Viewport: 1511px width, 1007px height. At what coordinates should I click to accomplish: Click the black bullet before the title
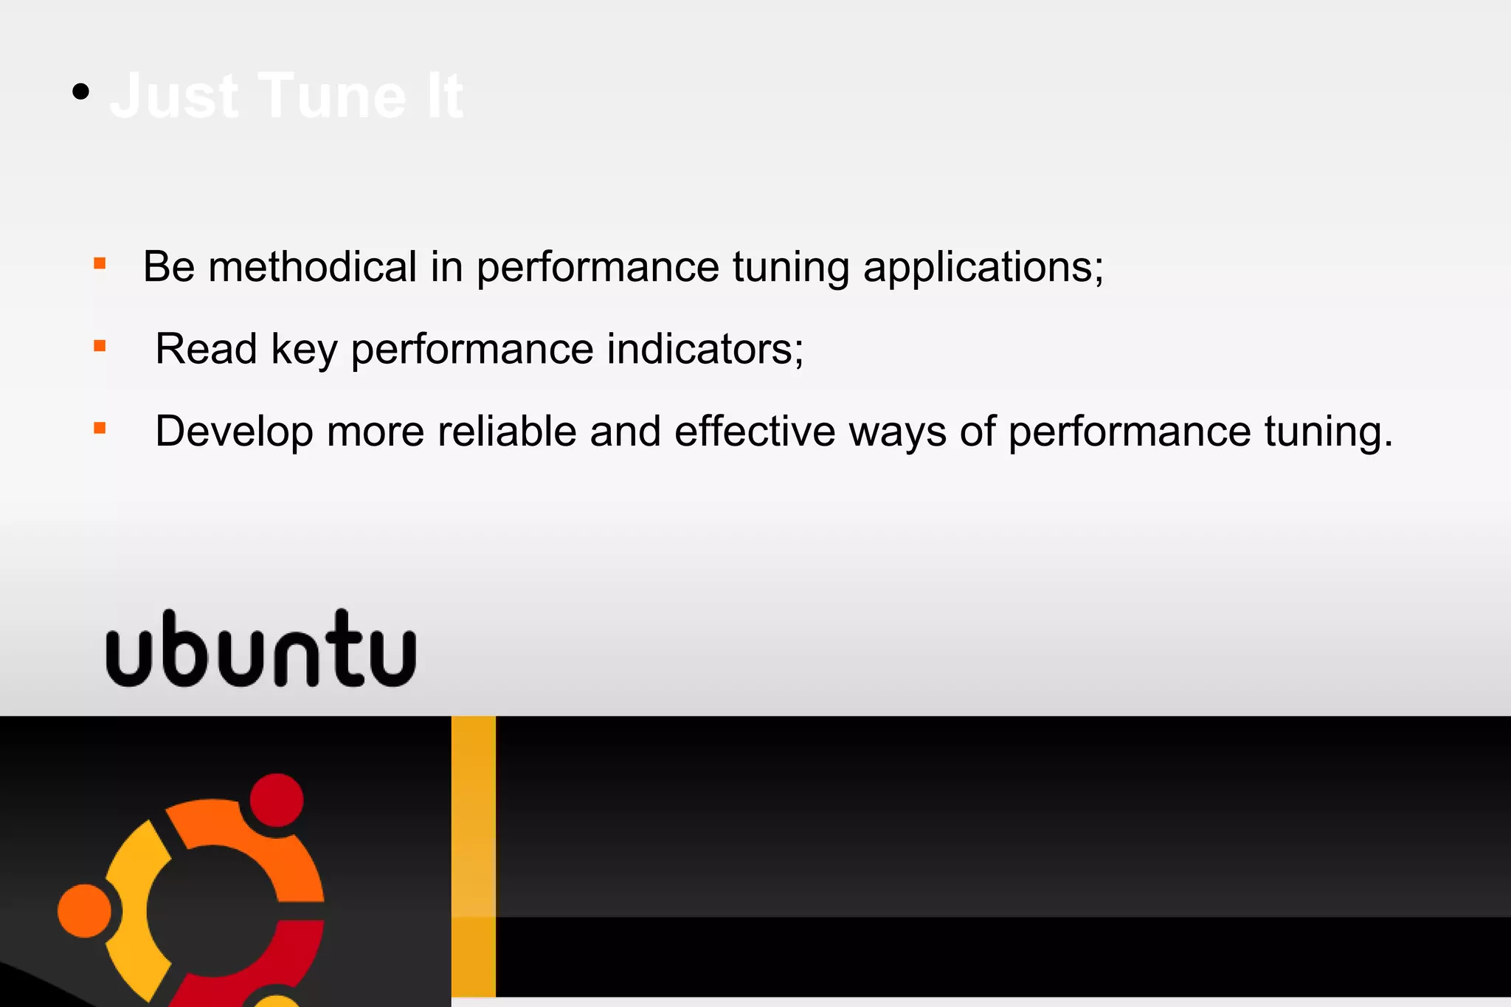(x=81, y=92)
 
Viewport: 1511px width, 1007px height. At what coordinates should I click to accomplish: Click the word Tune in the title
(x=332, y=96)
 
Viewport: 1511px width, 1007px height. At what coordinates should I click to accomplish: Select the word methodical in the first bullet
(x=313, y=266)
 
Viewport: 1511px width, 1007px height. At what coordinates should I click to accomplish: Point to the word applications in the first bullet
(x=983, y=268)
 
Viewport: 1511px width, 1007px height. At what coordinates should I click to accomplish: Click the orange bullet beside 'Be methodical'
(x=100, y=263)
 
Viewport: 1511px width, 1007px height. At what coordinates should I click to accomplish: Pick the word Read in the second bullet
(x=206, y=349)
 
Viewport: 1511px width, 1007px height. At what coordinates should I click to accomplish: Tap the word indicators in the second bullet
(x=705, y=349)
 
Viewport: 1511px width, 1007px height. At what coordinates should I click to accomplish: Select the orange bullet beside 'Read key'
(x=100, y=345)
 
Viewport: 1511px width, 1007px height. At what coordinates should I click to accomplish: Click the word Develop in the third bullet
(x=234, y=432)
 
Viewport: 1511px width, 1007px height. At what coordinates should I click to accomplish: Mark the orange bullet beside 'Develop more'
(x=100, y=428)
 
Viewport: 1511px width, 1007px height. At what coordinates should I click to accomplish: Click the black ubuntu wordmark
(x=261, y=648)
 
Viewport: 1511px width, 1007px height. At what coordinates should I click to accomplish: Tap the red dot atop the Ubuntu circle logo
(x=277, y=800)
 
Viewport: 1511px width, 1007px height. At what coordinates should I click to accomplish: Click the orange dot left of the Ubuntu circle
(x=84, y=911)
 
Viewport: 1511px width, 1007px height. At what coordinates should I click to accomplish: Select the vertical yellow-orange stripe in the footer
(x=473, y=856)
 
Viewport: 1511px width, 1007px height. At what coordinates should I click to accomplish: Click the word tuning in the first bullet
(x=790, y=268)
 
